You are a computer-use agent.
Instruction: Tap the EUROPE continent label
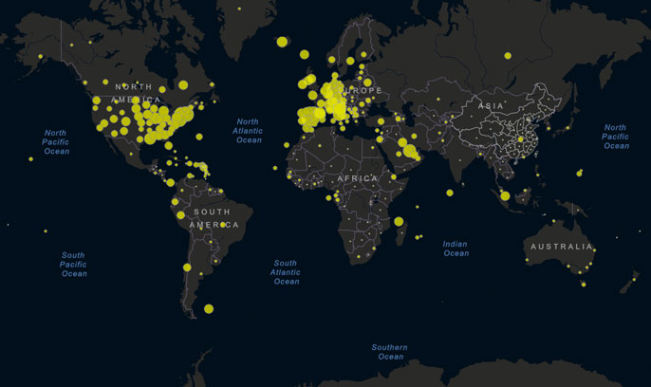pyautogui.click(x=362, y=90)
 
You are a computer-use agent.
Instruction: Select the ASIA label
pyautogui.click(x=492, y=105)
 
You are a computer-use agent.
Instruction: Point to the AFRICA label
pyautogui.click(x=358, y=177)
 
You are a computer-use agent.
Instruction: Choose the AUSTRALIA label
pyautogui.click(x=561, y=247)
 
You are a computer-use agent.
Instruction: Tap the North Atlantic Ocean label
pyautogui.click(x=248, y=131)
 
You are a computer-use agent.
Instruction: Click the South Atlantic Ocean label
pyautogui.click(x=286, y=272)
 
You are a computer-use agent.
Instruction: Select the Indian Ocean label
pyautogui.click(x=456, y=249)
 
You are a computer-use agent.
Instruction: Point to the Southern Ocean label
pyautogui.click(x=390, y=352)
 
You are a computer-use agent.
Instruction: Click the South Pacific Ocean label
pyautogui.click(x=74, y=265)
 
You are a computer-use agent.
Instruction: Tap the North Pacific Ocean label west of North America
pyautogui.click(x=56, y=142)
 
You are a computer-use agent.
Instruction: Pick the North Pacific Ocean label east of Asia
pyautogui.click(x=616, y=137)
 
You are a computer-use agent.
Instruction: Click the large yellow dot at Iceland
pyautogui.click(x=282, y=41)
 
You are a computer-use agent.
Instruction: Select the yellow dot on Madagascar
pyautogui.click(x=399, y=221)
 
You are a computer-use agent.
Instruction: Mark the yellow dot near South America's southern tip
pyautogui.click(x=209, y=308)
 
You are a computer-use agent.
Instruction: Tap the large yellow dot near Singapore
pyautogui.click(x=505, y=196)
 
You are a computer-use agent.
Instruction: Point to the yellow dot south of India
pyautogui.click(x=450, y=193)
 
